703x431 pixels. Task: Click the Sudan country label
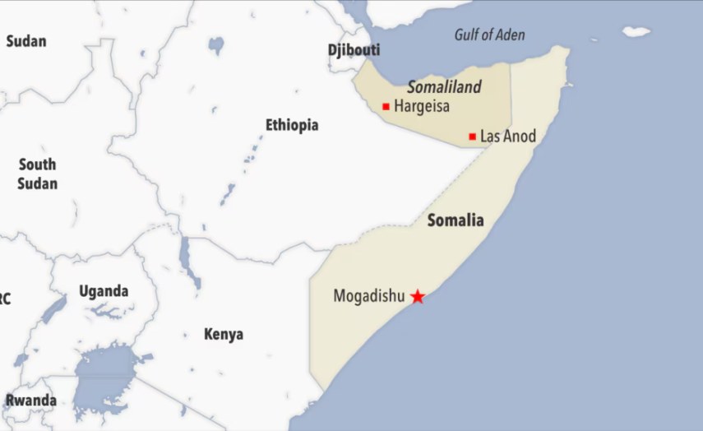[x=26, y=41]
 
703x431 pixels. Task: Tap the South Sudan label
[x=37, y=174]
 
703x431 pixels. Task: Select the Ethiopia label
[x=291, y=125]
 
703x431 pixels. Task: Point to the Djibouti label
[x=354, y=50]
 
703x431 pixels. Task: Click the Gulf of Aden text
[x=489, y=35]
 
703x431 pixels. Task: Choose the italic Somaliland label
[x=444, y=87]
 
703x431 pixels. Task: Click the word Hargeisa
[x=422, y=106]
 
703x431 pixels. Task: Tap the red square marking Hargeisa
[x=386, y=106]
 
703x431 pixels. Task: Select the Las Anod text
[x=507, y=137]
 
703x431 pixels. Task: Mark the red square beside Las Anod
[x=472, y=137]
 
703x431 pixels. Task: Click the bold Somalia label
[x=456, y=220]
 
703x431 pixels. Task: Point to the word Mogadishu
[x=369, y=296]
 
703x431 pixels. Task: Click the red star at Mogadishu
[x=418, y=296]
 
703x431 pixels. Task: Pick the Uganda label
[x=104, y=291]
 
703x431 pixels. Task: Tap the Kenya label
[x=224, y=335]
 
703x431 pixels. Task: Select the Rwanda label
[x=31, y=401]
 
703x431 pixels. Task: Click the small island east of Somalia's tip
[x=636, y=32]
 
